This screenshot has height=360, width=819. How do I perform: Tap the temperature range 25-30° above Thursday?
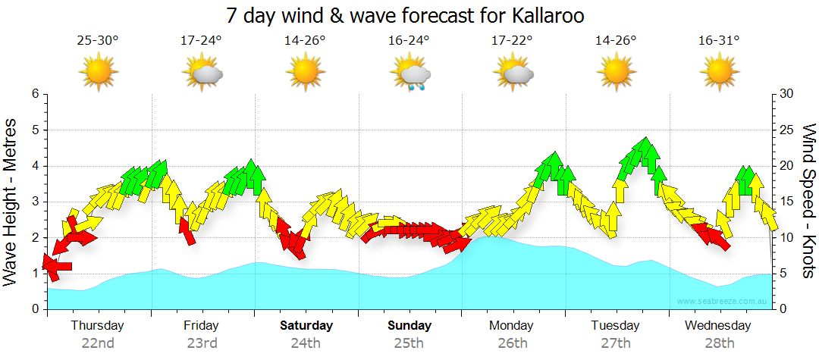[x=98, y=41]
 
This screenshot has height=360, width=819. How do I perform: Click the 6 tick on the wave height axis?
[x=35, y=94]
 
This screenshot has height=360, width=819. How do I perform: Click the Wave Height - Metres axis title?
[x=11, y=202]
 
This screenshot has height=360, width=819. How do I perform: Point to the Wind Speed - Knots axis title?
[x=808, y=202]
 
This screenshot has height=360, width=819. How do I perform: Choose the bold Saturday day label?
[x=306, y=326]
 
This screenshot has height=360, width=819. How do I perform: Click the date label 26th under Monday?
[x=513, y=343]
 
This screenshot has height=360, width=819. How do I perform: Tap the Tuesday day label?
[x=616, y=326]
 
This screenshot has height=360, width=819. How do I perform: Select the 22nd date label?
[x=98, y=343]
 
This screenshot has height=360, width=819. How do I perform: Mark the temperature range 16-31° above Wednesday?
[x=719, y=41]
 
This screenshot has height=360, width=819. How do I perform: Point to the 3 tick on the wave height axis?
[x=35, y=202]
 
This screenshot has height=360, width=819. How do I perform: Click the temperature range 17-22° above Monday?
[x=513, y=41]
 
